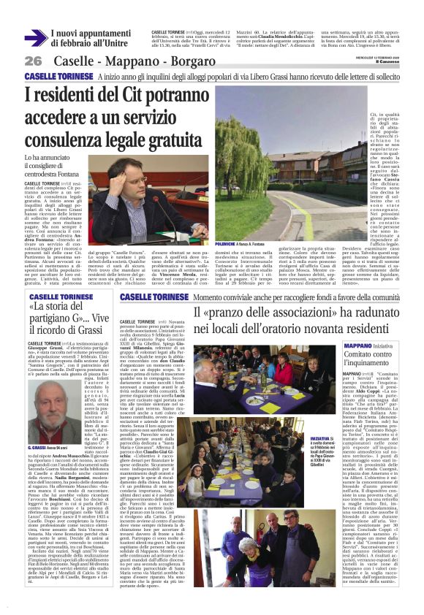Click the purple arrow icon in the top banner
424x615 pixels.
point(35,38)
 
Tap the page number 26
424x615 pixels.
point(33,60)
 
